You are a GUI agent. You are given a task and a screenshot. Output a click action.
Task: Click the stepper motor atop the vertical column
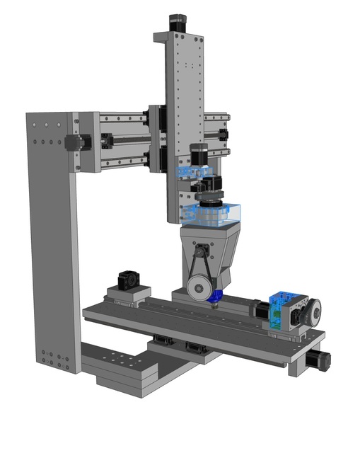177,23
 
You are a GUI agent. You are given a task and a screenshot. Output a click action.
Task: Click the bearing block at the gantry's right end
224,134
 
